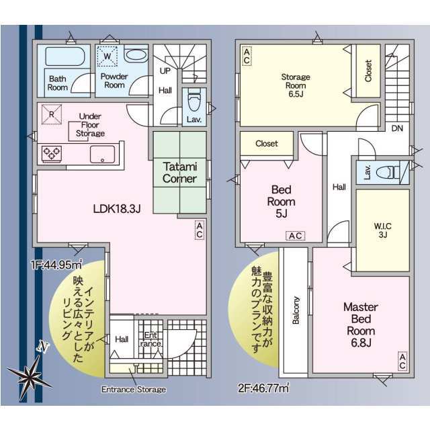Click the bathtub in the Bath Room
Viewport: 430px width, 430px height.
65,56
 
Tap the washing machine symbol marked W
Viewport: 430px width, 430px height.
107,56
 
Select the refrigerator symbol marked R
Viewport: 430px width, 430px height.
51,114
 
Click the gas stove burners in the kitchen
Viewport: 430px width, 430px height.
52,153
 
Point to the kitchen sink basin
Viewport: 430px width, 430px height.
102,155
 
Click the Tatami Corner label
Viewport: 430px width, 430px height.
179,173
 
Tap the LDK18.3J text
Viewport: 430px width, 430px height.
117,209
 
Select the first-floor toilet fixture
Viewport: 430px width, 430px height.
194,99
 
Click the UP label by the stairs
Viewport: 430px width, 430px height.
165,71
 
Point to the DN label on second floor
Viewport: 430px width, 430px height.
397,128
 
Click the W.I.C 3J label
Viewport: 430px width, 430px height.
383,230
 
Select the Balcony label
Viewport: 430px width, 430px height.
296,310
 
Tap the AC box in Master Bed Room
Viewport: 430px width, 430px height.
402,361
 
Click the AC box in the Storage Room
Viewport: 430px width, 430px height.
247,56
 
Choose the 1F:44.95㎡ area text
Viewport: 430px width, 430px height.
56,265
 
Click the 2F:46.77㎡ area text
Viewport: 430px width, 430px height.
263,388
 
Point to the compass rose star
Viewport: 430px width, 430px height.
28,374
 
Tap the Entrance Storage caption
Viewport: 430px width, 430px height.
134,390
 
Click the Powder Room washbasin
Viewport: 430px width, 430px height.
136,54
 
